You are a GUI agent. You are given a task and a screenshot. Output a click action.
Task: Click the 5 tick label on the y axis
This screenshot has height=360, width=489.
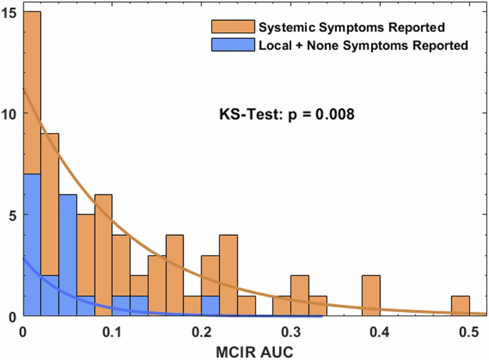16,214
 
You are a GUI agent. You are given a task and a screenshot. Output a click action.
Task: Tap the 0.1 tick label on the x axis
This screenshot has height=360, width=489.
112,332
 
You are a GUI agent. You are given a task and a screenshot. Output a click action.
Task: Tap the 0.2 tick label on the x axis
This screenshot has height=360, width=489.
201,332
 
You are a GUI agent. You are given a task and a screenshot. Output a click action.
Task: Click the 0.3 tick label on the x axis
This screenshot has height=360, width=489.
291,332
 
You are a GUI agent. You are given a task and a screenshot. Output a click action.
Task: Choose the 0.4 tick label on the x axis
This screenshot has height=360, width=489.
380,332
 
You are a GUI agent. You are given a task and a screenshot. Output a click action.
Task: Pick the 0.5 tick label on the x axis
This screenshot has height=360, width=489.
469,332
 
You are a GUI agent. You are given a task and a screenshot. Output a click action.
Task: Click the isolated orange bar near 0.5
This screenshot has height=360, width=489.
460,306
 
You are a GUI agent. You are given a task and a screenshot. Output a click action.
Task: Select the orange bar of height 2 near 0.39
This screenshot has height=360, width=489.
371,296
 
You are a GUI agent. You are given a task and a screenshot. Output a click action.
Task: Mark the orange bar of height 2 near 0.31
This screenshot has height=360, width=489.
300,296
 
